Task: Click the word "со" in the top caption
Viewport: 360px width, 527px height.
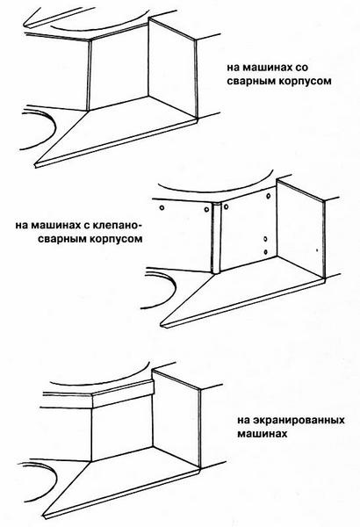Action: (x=301, y=68)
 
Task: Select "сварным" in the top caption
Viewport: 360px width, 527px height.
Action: (x=249, y=81)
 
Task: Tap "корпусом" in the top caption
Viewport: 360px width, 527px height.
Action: (x=304, y=81)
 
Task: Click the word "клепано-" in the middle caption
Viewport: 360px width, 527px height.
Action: (x=115, y=225)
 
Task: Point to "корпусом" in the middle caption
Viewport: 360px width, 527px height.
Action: (x=115, y=239)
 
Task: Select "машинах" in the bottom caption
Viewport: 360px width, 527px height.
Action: (x=263, y=434)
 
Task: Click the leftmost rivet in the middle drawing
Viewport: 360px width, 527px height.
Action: (x=162, y=208)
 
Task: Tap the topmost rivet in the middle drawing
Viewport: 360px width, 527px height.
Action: (x=269, y=196)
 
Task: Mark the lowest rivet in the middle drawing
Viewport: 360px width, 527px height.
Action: (x=265, y=252)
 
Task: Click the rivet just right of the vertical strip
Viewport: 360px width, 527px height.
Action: (x=227, y=206)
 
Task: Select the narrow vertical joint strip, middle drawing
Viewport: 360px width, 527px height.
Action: (x=216, y=238)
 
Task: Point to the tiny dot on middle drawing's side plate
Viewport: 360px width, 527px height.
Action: (x=317, y=250)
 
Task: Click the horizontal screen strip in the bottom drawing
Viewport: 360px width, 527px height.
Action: (x=123, y=394)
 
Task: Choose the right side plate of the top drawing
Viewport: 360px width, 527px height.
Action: (x=172, y=69)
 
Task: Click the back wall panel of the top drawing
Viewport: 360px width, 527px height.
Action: (x=119, y=69)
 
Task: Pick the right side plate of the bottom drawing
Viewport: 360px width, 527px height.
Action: (x=176, y=420)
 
